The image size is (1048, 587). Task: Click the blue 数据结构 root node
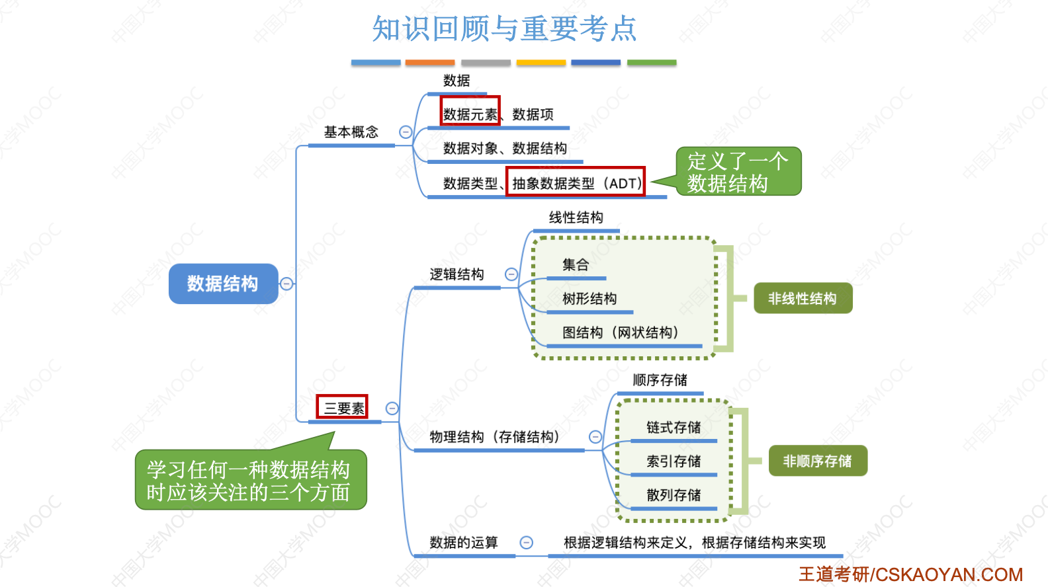pyautogui.click(x=223, y=284)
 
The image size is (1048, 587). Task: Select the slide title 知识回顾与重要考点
pyautogui.click(x=504, y=29)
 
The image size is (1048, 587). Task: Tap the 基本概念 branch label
pyautogui.click(x=351, y=132)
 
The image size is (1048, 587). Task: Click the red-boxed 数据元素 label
pyautogui.click(x=470, y=114)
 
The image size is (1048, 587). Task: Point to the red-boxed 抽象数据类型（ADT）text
pyautogui.click(x=576, y=183)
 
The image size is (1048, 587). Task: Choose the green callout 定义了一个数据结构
pyautogui.click(x=738, y=172)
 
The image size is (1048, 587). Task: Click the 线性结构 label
pyautogui.click(x=576, y=217)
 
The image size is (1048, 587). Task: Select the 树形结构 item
pyautogui.click(x=589, y=299)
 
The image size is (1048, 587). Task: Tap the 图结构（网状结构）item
pyautogui.click(x=620, y=333)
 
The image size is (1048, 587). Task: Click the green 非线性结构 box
pyautogui.click(x=803, y=299)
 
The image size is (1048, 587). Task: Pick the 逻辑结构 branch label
pyautogui.click(x=457, y=274)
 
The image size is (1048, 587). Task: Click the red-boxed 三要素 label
pyautogui.click(x=343, y=408)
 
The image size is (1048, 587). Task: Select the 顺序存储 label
pyautogui.click(x=660, y=380)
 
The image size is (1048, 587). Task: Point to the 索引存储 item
pyautogui.click(x=674, y=461)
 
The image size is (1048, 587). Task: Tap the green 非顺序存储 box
pyautogui.click(x=817, y=461)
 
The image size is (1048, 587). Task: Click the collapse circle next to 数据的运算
pyautogui.click(x=527, y=543)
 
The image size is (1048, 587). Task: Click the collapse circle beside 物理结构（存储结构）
pyautogui.click(x=595, y=437)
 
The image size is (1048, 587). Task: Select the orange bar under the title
pyautogui.click(x=429, y=63)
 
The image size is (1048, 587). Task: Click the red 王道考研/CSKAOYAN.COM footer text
pyautogui.click(x=910, y=574)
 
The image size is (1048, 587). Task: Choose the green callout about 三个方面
pyautogui.click(x=250, y=481)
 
